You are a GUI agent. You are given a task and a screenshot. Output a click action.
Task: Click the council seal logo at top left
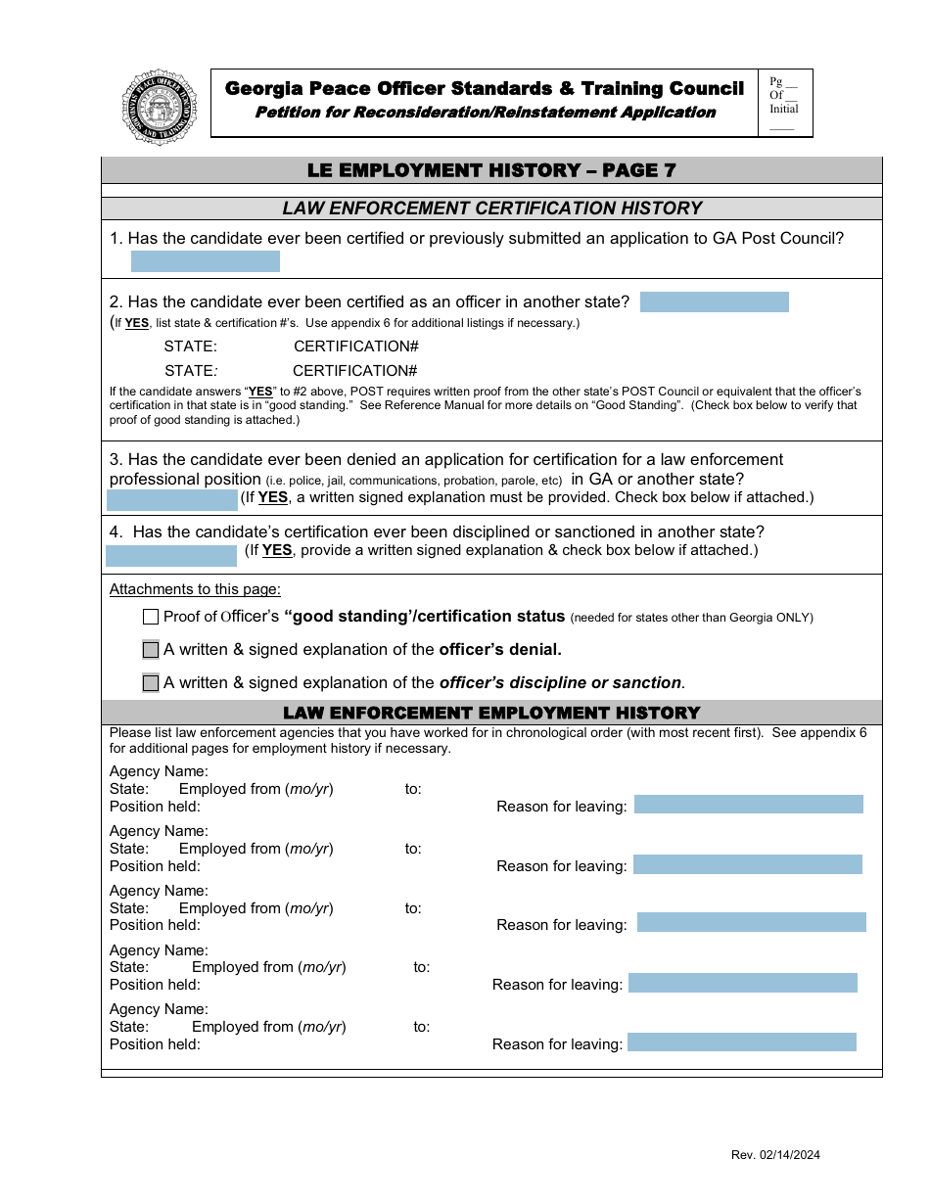pos(160,107)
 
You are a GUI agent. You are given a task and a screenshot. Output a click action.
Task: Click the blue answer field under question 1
pos(206,261)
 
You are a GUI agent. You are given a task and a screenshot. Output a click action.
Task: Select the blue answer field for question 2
pos(714,302)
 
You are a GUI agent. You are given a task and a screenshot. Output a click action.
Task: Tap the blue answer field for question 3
pos(172,500)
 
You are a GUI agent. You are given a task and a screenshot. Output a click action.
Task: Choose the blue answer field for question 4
pos(171,556)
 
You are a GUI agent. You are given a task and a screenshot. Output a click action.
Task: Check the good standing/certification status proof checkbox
pos(151,617)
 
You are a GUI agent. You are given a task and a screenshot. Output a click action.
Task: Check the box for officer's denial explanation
pos(151,650)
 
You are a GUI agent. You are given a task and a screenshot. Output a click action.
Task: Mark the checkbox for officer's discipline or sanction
pos(151,683)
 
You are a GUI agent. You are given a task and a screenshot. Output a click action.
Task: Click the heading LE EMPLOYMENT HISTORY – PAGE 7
pos(491,170)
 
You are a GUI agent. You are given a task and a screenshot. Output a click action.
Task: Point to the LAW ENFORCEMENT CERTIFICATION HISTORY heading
pos(491,208)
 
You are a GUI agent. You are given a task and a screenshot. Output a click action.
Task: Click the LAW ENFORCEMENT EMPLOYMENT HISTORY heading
pos(491,713)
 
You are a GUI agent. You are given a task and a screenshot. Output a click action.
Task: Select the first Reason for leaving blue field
pos(748,805)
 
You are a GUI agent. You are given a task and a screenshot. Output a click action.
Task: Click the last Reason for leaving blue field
pos(741,1042)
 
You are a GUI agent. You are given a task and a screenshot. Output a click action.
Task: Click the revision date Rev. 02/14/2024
pos(775,1155)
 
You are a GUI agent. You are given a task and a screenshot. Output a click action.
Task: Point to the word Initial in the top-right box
pos(783,110)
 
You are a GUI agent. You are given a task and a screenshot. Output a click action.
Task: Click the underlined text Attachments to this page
pos(195,589)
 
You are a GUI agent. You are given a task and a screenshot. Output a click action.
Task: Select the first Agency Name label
pos(159,772)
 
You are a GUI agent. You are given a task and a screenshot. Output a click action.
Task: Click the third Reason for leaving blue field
pos(751,922)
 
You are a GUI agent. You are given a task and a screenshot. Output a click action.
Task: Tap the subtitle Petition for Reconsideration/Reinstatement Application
pos(485,113)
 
